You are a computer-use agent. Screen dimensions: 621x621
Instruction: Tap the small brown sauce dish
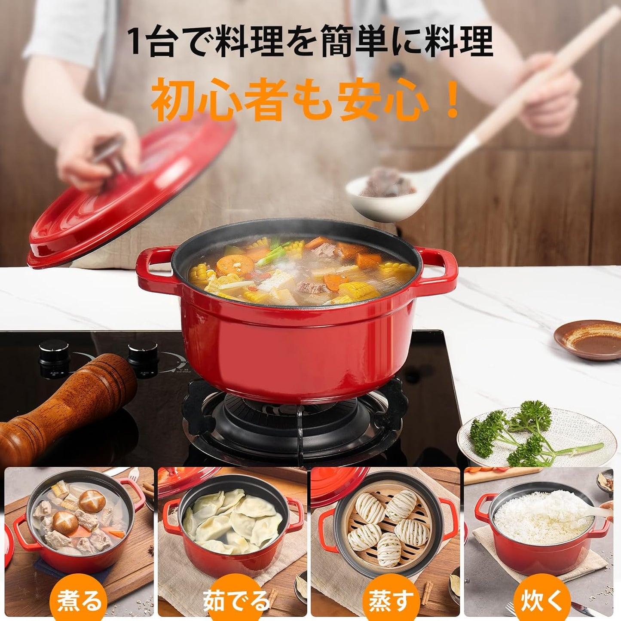tap(587, 340)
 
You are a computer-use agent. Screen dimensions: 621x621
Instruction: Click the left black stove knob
tap(54, 359)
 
